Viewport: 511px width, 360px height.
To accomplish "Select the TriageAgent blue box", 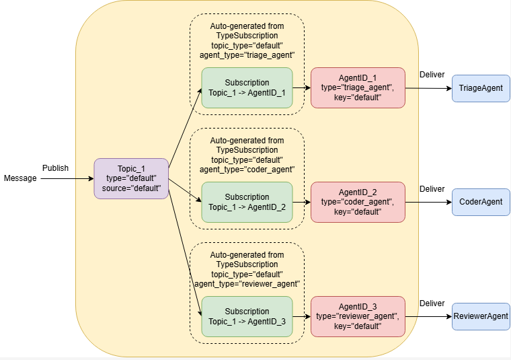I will click(x=481, y=88).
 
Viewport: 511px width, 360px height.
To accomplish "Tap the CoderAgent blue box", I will click(x=481, y=202).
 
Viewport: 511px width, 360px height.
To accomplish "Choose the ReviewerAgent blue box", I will click(x=481, y=316).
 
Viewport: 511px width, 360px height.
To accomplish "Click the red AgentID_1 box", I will click(x=358, y=87).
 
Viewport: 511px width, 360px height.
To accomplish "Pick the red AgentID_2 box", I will click(x=358, y=202).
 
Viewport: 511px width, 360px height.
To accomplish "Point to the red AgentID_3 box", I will click(x=358, y=316).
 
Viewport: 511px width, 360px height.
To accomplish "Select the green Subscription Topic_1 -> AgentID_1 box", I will click(x=247, y=87).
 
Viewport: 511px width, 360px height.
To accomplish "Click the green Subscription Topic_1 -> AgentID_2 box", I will click(x=247, y=202).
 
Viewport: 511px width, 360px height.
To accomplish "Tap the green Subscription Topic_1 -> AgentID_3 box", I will click(x=247, y=316).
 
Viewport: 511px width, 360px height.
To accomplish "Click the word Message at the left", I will click(x=20, y=178).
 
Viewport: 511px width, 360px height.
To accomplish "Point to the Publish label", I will click(x=55, y=168).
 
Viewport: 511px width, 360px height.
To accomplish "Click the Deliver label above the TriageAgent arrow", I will click(x=432, y=75).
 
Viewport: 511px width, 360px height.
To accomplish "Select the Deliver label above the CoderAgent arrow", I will click(x=432, y=189).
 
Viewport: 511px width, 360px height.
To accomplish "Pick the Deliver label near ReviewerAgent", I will click(x=432, y=303).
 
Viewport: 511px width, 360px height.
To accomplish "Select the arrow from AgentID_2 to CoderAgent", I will click(x=428, y=202).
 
